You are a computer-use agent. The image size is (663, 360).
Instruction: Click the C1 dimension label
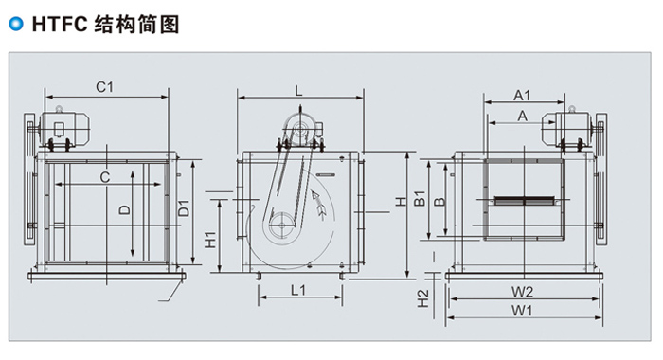tap(104, 87)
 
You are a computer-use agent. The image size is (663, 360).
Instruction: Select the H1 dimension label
tap(210, 240)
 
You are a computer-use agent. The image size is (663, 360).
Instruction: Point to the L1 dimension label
tap(298, 290)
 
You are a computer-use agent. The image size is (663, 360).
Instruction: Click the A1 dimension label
tap(522, 95)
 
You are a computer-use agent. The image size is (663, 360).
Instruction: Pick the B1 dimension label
tap(419, 198)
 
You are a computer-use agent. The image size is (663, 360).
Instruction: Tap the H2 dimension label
tap(422, 298)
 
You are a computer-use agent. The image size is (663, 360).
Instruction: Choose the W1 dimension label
tap(522, 311)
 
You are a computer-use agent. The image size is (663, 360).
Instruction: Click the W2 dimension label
tap(522, 292)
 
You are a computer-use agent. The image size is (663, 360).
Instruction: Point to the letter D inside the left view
tap(125, 209)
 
